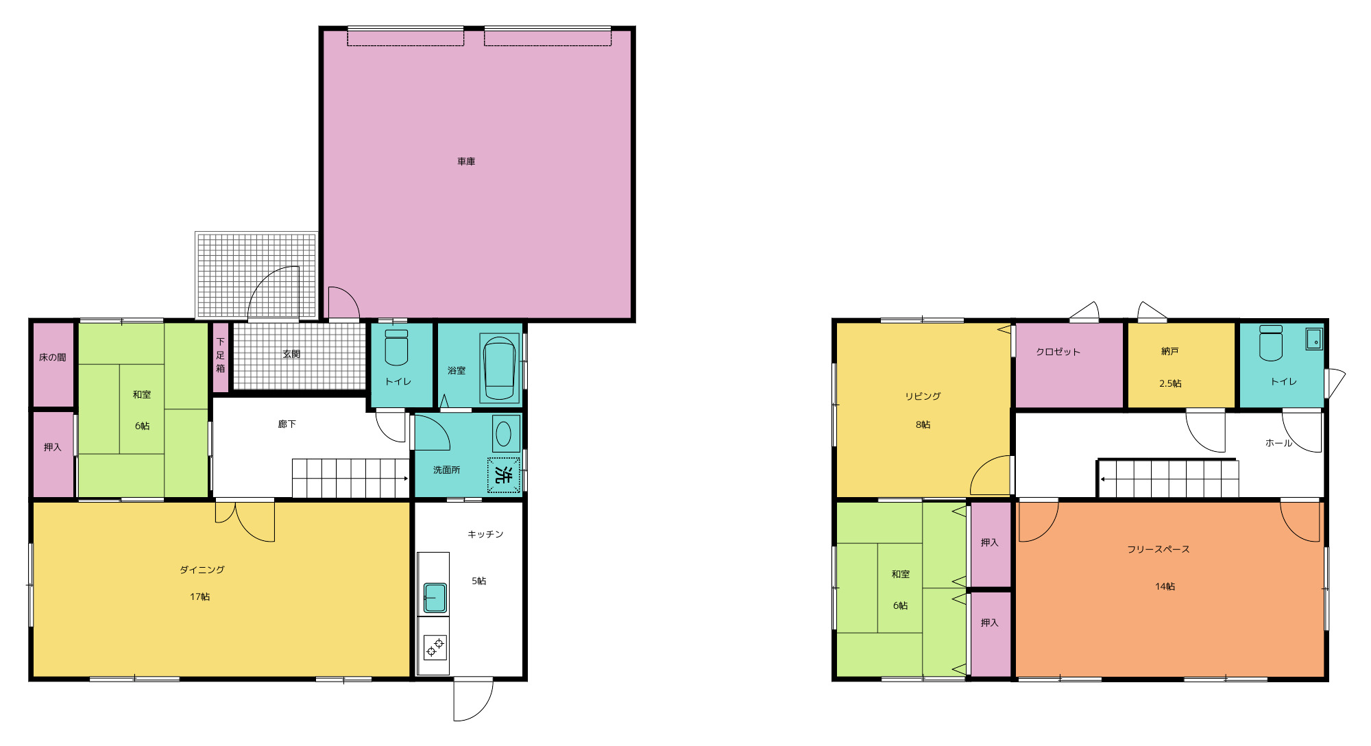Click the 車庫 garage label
click(466, 162)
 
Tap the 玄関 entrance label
click(291, 354)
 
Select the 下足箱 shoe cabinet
click(221, 357)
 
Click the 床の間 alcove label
click(53, 357)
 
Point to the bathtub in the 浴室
click(499, 368)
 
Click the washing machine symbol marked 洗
click(504, 474)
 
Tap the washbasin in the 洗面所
click(504, 433)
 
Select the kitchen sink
click(435, 597)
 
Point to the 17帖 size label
click(200, 597)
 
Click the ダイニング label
click(202, 570)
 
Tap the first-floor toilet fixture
click(396, 348)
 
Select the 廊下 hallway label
click(287, 424)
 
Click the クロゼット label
click(1058, 352)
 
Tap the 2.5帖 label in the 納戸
click(1170, 383)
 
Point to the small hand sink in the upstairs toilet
click(1313, 339)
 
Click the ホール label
click(1278, 443)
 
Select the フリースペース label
click(1158, 549)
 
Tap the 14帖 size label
click(1165, 586)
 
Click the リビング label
click(923, 396)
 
